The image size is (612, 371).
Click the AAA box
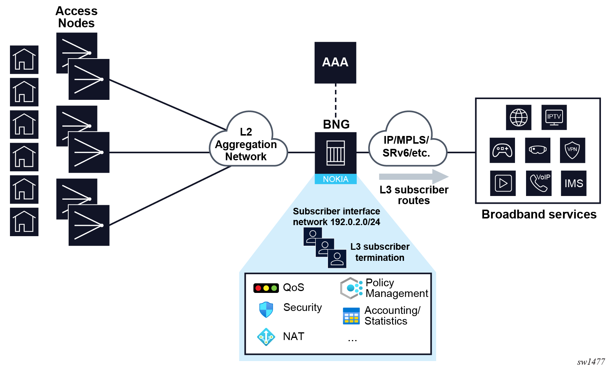(x=335, y=62)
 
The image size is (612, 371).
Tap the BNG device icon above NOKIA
(x=335, y=153)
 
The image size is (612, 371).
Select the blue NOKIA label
(x=335, y=179)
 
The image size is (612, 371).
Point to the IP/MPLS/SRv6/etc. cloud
(x=407, y=146)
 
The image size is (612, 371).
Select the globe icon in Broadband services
(x=518, y=118)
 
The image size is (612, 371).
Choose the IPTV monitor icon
(x=554, y=118)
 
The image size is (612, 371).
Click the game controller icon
(x=502, y=150)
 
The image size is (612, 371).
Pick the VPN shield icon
(x=572, y=150)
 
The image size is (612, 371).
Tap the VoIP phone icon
(x=539, y=183)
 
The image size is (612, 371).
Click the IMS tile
(x=573, y=183)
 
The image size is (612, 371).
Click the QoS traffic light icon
(x=266, y=288)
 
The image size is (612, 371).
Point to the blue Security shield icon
(x=266, y=309)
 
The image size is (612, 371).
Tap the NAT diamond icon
(x=266, y=337)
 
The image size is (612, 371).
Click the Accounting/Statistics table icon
(x=351, y=316)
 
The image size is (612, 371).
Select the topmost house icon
(x=24, y=60)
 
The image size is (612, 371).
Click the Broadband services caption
(x=539, y=214)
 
